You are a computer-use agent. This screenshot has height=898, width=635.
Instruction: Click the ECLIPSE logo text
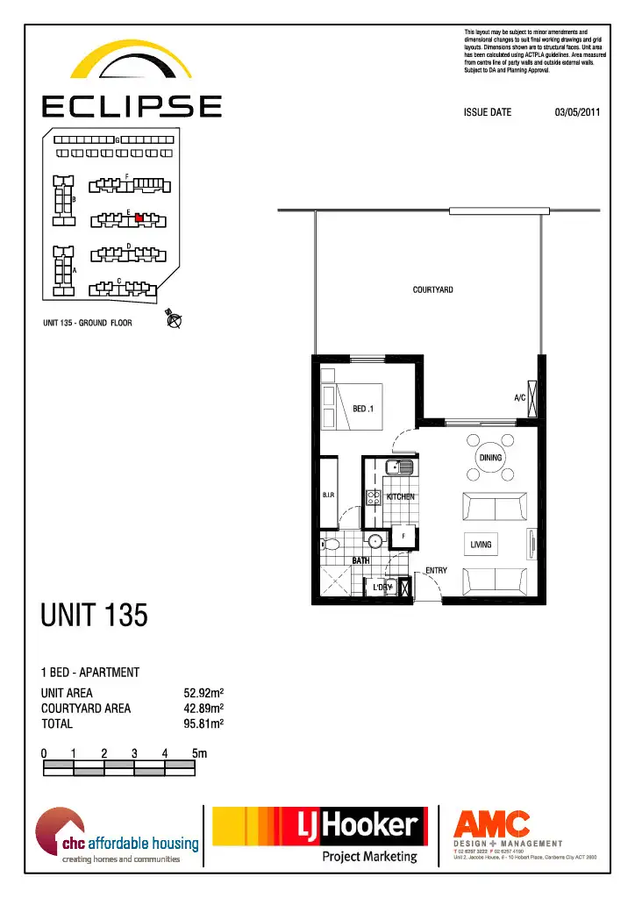[132, 106]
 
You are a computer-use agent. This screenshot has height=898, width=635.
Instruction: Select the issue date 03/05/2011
[577, 112]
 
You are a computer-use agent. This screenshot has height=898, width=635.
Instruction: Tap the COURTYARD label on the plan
[432, 289]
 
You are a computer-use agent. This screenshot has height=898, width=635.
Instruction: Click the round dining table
[490, 458]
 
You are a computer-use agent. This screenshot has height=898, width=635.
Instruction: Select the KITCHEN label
[401, 496]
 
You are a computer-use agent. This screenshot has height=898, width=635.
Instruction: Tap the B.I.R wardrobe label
[329, 495]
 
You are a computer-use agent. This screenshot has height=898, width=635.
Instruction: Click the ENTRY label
[436, 571]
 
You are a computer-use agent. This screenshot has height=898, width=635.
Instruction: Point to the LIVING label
[481, 545]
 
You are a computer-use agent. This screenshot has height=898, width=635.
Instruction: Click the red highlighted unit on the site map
[139, 218]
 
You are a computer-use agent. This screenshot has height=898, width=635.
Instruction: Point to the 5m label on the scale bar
[199, 753]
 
